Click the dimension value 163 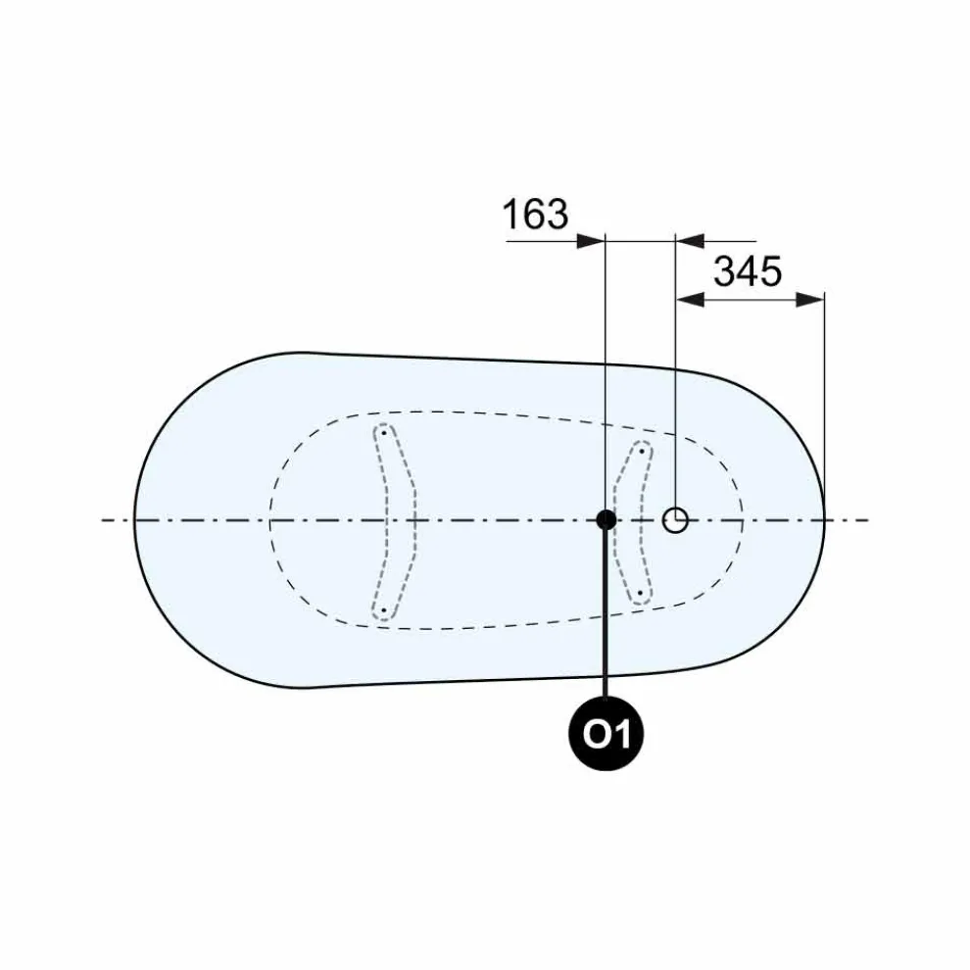coord(535,214)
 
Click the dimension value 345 coord(748,271)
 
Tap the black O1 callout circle coord(606,734)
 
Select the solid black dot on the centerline coord(606,519)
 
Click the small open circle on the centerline coord(675,520)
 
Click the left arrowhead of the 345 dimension coord(691,300)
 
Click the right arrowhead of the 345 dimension coord(809,300)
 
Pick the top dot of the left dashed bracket coord(384,432)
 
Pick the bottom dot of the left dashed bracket coord(383,610)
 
